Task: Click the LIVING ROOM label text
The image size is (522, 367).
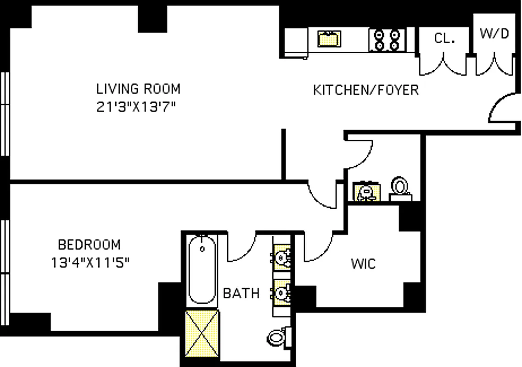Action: [138, 88]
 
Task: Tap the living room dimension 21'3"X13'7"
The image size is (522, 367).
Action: [137, 107]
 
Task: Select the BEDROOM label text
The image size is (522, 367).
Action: [89, 244]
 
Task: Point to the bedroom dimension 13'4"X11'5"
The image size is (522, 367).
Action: [90, 263]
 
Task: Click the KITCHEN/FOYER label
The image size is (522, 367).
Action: [366, 90]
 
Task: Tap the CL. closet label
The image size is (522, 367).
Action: [444, 39]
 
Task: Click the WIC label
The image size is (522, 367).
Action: [363, 264]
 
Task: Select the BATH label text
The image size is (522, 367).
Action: [241, 293]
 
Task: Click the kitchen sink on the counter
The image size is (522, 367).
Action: [329, 38]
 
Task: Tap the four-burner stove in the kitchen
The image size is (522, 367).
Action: [387, 39]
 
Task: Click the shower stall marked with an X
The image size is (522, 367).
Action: [202, 333]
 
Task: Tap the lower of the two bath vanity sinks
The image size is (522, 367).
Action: [281, 292]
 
